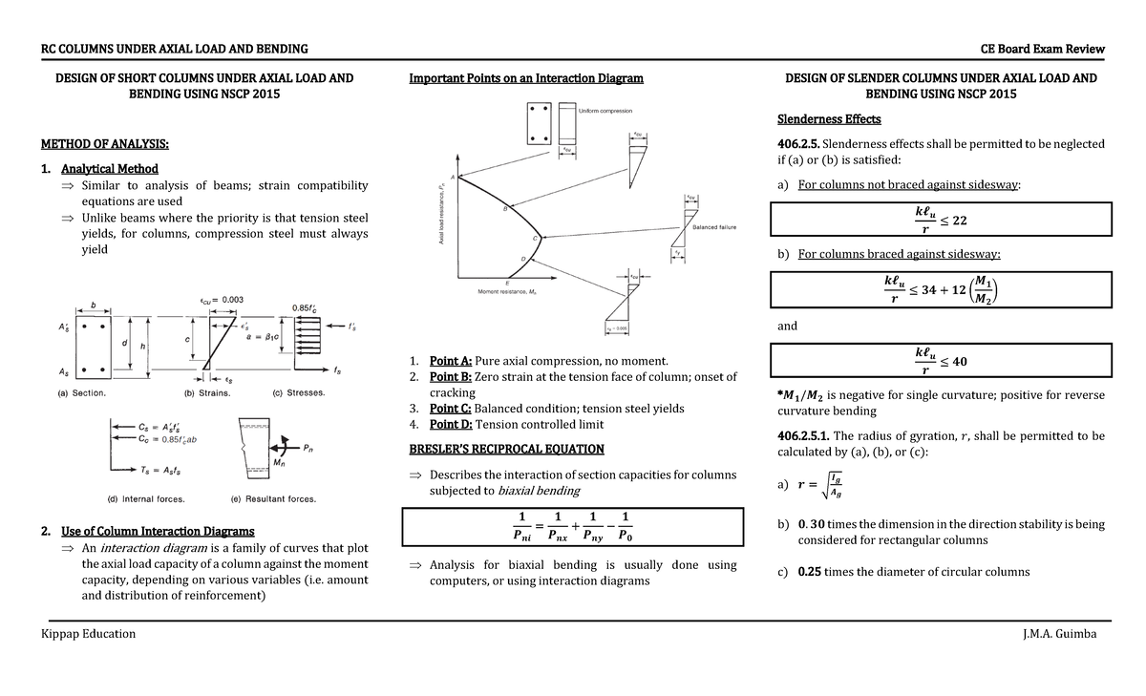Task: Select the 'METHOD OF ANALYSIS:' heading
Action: tap(105, 144)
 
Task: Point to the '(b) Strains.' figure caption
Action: tap(213, 392)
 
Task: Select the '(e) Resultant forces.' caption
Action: tap(273, 498)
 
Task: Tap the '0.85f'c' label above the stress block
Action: tap(308, 306)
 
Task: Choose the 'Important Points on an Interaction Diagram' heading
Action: tap(525, 78)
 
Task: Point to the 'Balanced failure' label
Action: tap(708, 227)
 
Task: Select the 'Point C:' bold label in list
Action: tap(451, 409)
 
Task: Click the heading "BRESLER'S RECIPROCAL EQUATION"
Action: tap(506, 449)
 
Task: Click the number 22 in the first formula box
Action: tap(960, 221)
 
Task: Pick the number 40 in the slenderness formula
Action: tap(960, 362)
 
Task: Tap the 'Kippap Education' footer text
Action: tap(87, 634)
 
